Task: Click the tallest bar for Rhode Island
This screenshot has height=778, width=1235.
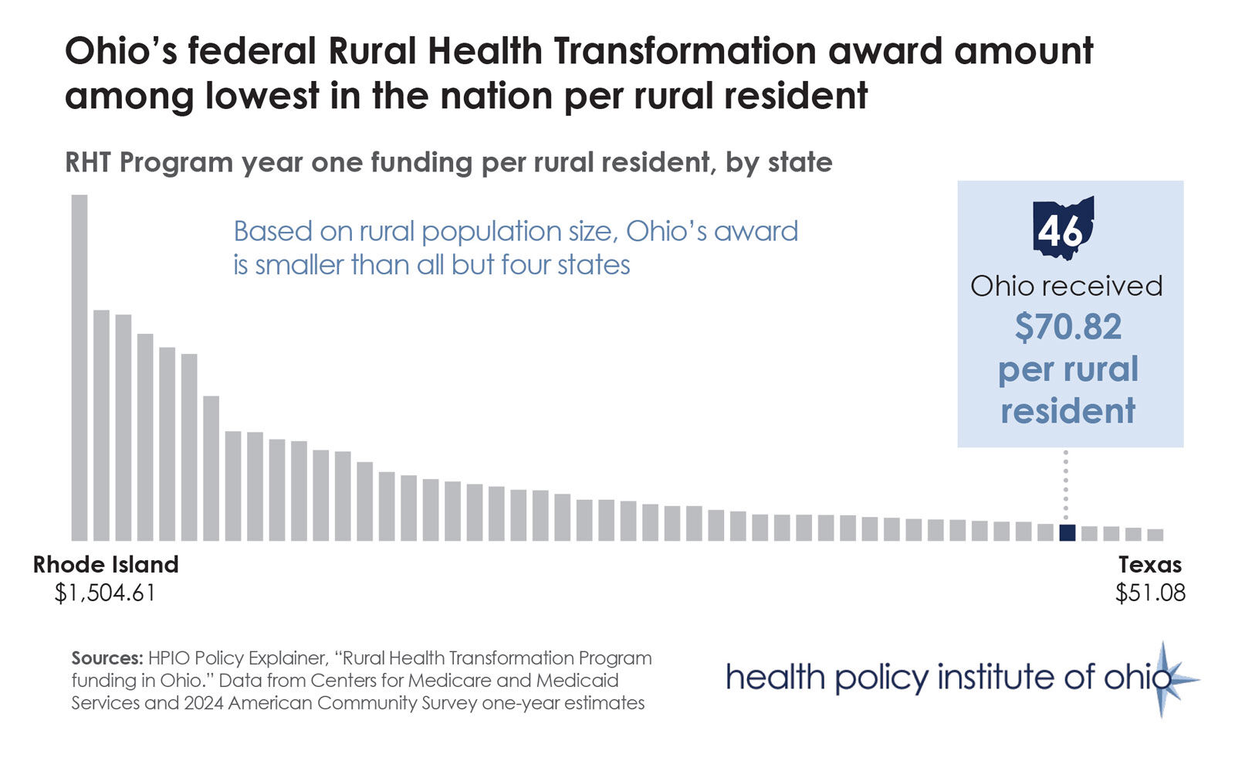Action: (80, 367)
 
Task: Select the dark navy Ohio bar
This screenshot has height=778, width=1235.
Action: (1067, 532)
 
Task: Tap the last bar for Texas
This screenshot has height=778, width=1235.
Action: (1155, 535)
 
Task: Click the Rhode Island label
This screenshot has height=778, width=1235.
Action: (106, 565)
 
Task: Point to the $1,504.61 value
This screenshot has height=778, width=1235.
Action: (105, 593)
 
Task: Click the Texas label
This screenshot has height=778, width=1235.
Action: (1149, 565)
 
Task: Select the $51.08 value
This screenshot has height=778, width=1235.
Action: (1149, 593)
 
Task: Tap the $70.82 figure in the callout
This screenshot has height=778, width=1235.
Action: (1068, 327)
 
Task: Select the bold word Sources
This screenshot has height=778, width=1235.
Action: (107, 658)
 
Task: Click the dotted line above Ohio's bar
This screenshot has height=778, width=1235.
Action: (1066, 487)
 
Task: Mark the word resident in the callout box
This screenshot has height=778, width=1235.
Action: (1068, 411)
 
